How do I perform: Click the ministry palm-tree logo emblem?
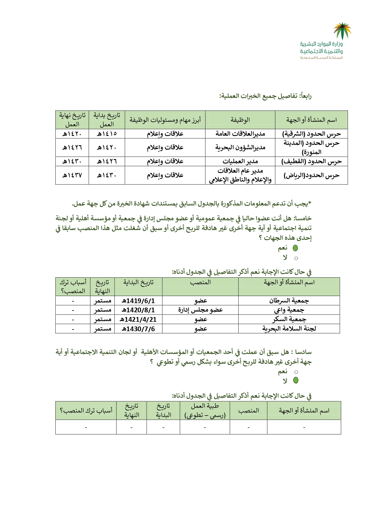pos(342,30)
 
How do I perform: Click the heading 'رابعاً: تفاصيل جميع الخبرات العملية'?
pos(265,96)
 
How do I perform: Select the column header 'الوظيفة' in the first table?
pos(240,120)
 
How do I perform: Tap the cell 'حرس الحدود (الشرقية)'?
pos(311,134)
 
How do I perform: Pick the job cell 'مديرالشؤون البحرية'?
pos(240,147)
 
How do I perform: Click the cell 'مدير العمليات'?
pos(240,161)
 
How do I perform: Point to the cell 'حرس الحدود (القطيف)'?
pos(311,161)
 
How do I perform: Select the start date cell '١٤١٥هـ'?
pos(107,134)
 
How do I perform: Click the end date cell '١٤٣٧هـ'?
pos(72,175)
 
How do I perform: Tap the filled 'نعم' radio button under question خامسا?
pos(295,248)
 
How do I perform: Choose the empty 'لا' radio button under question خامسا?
pos(296,258)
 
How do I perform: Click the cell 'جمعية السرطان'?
pos(289,301)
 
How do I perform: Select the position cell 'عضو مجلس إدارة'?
pos(201,310)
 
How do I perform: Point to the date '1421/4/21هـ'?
pos(138,319)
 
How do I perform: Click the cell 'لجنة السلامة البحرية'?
pos(289,329)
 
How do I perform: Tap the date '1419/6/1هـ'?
pos(138,301)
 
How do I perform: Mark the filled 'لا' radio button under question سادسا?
pos(295,380)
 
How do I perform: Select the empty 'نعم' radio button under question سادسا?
pos(296,372)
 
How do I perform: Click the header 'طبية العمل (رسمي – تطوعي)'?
pos(205,410)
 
